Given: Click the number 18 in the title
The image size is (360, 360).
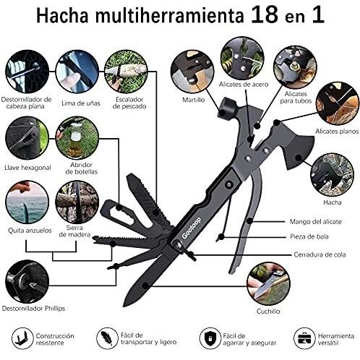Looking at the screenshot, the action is click(x=265, y=15).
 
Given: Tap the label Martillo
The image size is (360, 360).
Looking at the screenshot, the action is click(x=194, y=100).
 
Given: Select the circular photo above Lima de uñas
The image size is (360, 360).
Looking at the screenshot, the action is click(x=77, y=72).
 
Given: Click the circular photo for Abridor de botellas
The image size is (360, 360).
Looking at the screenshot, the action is click(x=77, y=138).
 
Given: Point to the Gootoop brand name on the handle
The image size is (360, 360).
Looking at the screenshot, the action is click(x=192, y=228).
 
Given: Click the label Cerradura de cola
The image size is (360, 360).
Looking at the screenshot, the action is click(x=320, y=254).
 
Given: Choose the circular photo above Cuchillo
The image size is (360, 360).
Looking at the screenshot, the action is click(x=268, y=284).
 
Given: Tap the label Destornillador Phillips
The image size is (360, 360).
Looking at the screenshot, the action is click(x=33, y=308).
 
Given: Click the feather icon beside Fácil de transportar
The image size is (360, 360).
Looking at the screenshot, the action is click(x=106, y=338).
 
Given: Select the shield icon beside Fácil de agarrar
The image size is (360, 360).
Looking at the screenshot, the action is click(x=210, y=338).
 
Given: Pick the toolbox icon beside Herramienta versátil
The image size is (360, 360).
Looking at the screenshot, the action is click(x=304, y=338).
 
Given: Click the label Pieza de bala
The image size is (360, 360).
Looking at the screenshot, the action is click(x=309, y=236).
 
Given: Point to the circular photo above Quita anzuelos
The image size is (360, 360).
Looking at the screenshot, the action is click(x=27, y=202).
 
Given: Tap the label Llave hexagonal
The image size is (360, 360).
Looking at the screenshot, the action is click(x=27, y=168).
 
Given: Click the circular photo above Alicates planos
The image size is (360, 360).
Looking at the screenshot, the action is click(x=338, y=103).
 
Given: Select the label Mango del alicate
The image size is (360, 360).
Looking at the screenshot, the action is click(x=316, y=221).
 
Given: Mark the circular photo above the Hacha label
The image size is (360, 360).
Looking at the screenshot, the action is click(x=332, y=175).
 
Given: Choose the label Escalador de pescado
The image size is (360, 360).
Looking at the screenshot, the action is click(x=129, y=103).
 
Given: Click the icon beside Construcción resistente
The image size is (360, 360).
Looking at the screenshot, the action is click(x=22, y=338).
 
